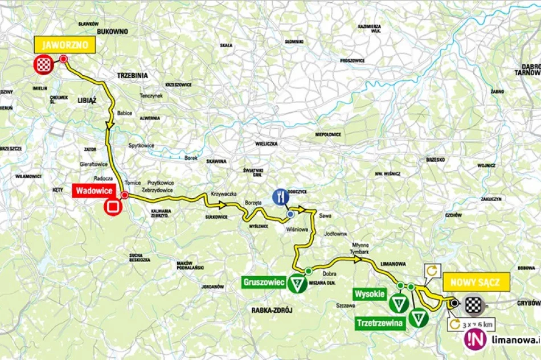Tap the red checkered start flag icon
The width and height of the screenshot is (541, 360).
43,65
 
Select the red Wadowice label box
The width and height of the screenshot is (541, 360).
93,191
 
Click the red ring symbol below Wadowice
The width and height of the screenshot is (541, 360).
113,207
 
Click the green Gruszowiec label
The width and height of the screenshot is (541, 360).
263,281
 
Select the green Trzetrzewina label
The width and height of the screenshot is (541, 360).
381,323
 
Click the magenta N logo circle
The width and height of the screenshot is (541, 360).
475,340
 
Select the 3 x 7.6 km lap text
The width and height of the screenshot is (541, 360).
479,324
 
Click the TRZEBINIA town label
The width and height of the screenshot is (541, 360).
132,75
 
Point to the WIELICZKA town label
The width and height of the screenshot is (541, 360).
265,144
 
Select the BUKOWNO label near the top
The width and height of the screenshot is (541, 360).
112,31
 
